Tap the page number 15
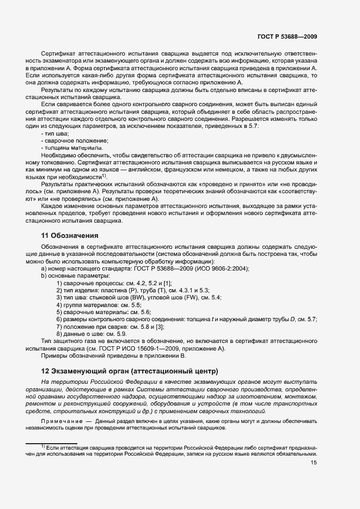coord(314,463)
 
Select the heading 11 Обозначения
coord(69,236)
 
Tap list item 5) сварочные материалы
coord(103,312)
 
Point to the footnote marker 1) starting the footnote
coord(42,446)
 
